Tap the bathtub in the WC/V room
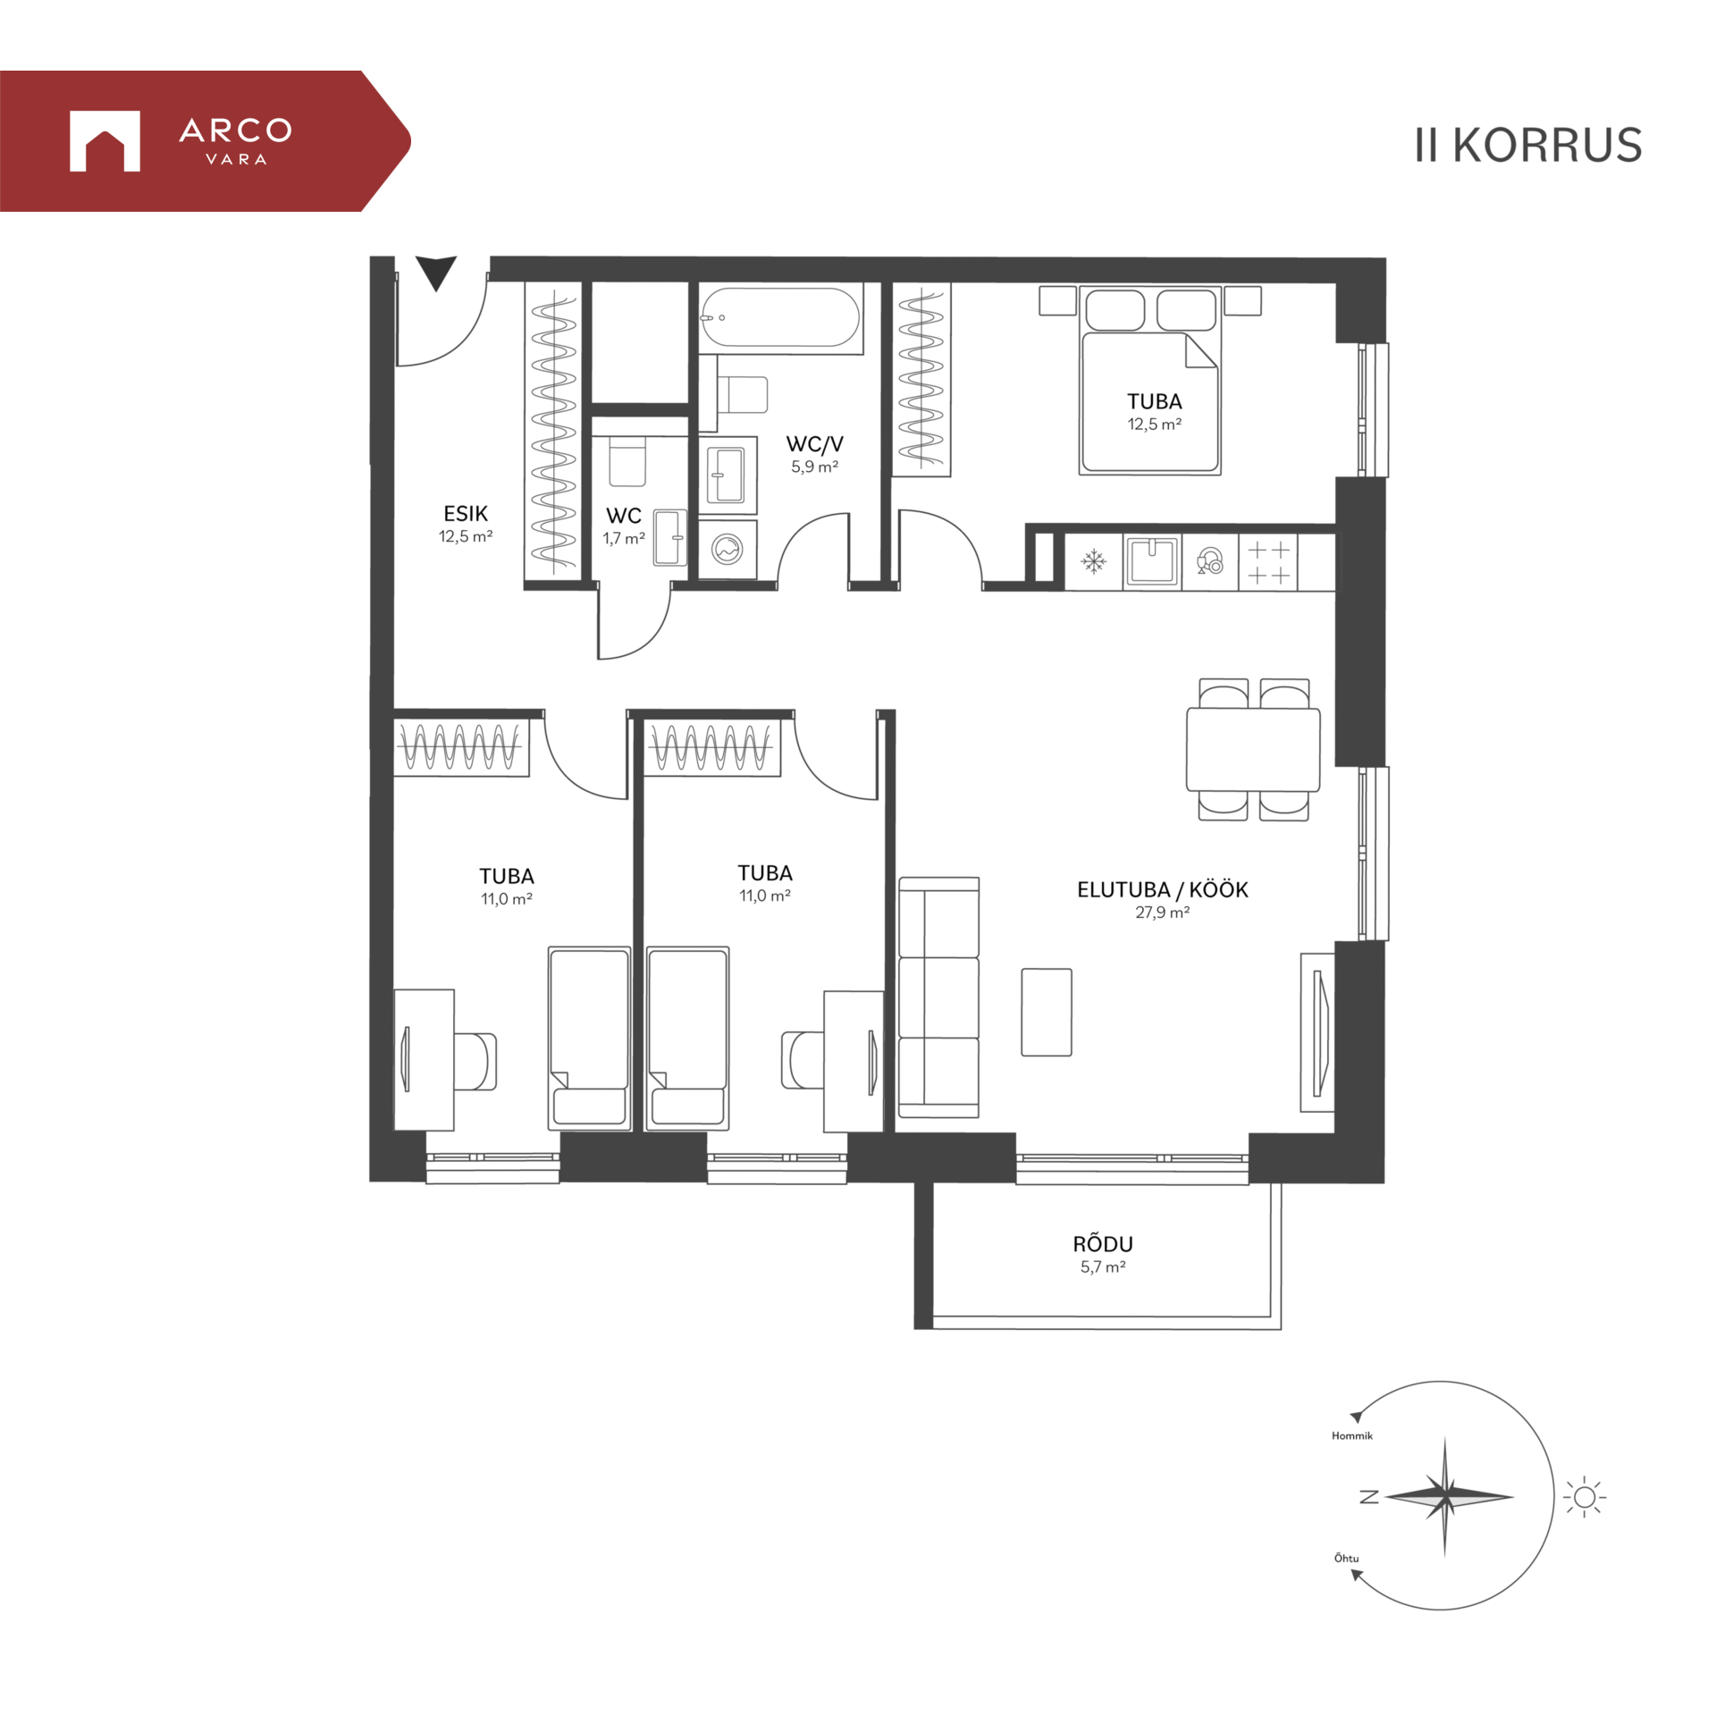point(780,317)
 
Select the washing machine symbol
point(728,549)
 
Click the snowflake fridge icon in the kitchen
point(1093,561)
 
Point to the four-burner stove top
point(1268,562)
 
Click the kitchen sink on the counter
point(1152,561)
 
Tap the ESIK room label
point(466,514)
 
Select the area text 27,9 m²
point(1162,913)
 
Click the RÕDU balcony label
point(1103,1243)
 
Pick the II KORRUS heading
point(1527,145)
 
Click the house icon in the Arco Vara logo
point(105,141)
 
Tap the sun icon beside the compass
point(1585,1497)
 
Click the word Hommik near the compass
point(1351,1436)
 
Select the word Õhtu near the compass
point(1346,1559)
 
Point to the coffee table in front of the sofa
point(1047,1013)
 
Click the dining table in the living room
point(1253,749)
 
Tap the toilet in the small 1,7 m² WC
point(627,461)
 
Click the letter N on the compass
point(1368,1497)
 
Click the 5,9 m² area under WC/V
point(814,467)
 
